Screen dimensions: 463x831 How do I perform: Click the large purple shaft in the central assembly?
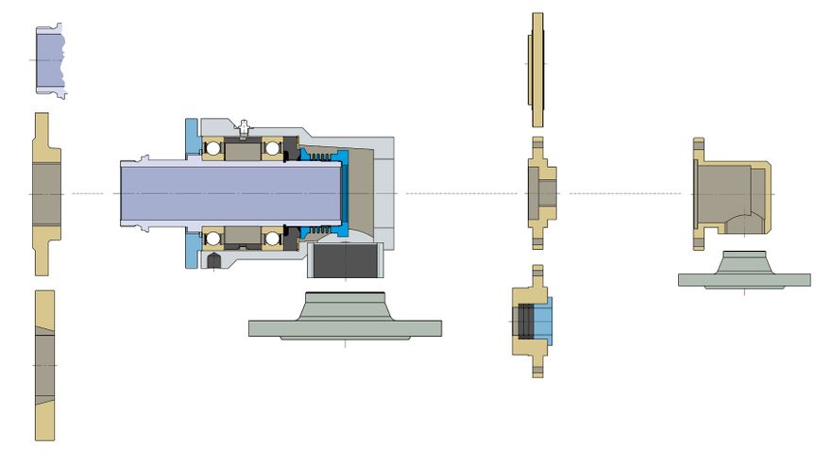(x=227, y=192)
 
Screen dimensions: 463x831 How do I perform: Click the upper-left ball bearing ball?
(x=212, y=148)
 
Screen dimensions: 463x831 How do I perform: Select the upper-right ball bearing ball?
(x=274, y=148)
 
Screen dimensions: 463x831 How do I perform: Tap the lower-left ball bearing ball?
(x=212, y=238)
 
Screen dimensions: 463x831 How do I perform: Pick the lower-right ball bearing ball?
(x=274, y=238)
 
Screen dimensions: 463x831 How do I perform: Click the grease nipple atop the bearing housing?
(x=244, y=125)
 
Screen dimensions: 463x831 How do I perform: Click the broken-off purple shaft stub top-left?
(x=49, y=58)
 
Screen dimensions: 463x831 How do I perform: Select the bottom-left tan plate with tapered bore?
(x=44, y=363)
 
